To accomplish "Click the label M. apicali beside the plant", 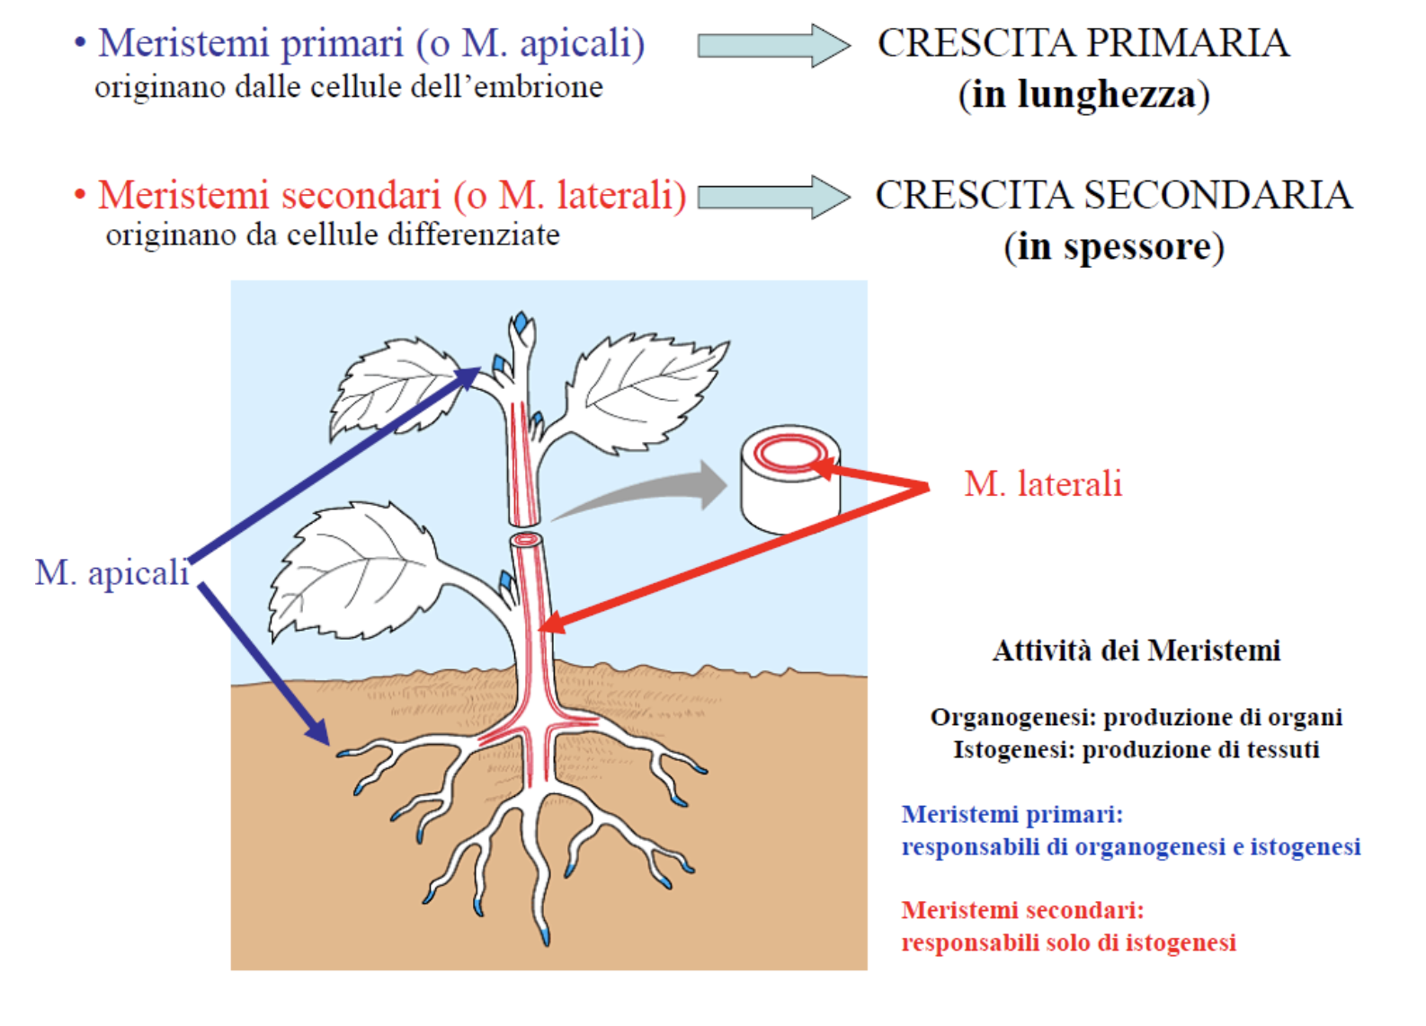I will click(x=111, y=573).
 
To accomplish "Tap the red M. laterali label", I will click(x=1043, y=484).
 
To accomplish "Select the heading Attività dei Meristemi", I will click(x=1136, y=650).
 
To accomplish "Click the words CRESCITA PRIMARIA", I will click(x=1083, y=43).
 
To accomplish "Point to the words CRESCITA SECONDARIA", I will click(x=1114, y=195).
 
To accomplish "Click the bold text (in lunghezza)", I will click(x=1083, y=94).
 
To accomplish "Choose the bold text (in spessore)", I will click(x=1114, y=246).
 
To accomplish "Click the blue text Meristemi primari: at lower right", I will click(x=1012, y=814).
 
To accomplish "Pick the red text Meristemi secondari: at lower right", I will click(x=1022, y=910).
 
